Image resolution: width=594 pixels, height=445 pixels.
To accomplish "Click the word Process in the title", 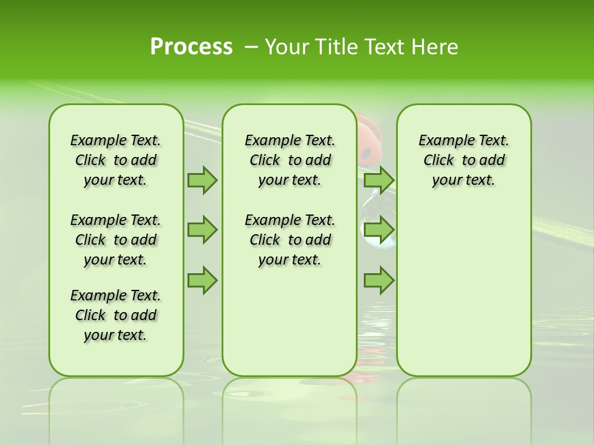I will (191, 47).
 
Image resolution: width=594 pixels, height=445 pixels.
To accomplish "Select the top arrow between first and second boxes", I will (202, 180).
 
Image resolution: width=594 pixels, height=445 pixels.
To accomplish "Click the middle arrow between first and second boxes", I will (202, 230).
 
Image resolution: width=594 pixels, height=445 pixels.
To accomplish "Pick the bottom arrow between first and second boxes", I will (202, 280).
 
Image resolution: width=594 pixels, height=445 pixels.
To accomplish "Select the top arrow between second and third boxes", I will (379, 180).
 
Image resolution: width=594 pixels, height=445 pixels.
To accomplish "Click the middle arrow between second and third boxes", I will (379, 230).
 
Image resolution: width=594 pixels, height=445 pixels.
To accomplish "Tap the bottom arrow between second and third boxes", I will (379, 280).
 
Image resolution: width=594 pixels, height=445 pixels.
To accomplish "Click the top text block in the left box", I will (116, 160).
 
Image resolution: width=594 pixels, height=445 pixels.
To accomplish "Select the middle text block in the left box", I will (116, 240).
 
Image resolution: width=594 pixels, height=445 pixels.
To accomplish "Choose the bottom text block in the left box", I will (116, 315).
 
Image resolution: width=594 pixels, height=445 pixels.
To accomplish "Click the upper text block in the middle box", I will (290, 160).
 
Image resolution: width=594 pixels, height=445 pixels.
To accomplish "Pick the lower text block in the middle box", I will (290, 240).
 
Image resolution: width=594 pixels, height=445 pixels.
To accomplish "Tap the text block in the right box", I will (463, 160).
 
